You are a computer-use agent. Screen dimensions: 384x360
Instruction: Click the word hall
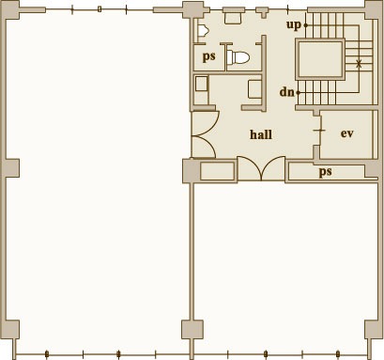[261, 134]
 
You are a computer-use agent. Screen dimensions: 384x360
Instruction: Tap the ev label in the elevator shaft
[347, 133]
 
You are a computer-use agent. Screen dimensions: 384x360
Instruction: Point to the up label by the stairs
[294, 25]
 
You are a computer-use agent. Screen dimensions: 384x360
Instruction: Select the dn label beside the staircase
[286, 92]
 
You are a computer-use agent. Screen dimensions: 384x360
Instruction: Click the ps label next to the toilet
[209, 57]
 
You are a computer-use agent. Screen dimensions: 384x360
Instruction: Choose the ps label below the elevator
[325, 172]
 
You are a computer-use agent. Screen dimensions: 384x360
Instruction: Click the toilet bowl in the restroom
[238, 57]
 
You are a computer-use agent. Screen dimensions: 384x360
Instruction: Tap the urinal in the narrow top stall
[203, 30]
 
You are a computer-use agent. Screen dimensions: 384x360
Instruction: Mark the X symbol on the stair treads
[359, 64]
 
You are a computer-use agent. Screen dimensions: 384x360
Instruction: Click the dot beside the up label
[306, 25]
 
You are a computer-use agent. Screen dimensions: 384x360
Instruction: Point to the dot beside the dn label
[298, 93]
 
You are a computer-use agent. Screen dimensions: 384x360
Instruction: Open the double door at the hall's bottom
[261, 168]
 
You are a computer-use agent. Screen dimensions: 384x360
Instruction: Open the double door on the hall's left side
[204, 134]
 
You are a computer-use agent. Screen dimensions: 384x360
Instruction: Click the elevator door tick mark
[319, 131]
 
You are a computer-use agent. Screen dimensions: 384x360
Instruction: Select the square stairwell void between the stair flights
[320, 59]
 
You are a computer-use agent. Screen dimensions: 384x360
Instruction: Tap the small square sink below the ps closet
[201, 84]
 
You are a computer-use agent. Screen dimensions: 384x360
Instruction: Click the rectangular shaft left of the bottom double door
[217, 171]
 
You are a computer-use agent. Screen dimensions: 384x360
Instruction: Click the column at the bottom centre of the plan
[192, 330]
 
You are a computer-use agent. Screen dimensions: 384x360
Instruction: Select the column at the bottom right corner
[373, 329]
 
